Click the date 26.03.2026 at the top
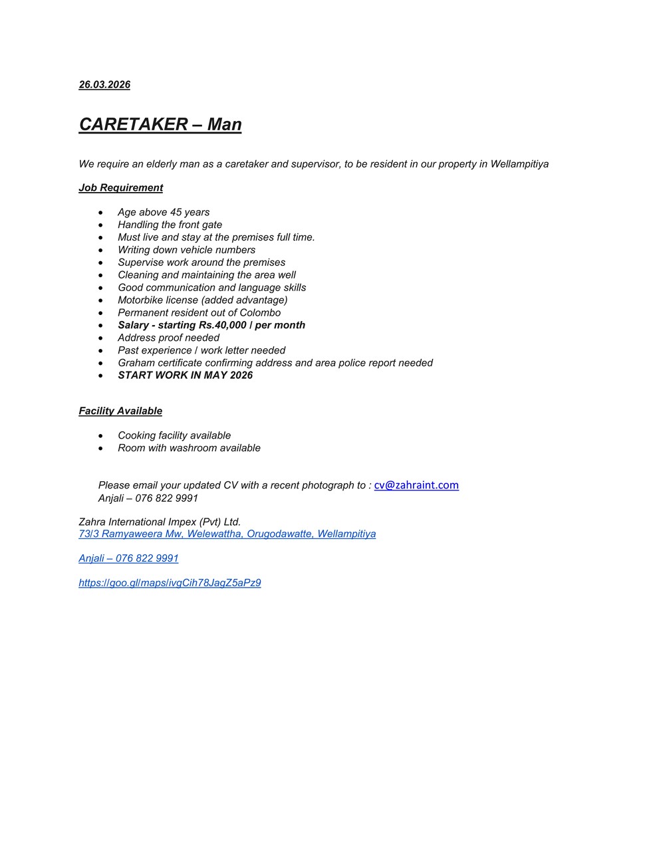point(104,84)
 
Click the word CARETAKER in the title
point(133,124)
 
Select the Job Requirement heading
point(120,188)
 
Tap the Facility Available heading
point(120,411)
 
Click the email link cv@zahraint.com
point(416,485)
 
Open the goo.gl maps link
point(170,583)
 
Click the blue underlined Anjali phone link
point(128,558)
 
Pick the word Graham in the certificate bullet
point(136,363)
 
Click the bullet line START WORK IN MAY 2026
point(185,376)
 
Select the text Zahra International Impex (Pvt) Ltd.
point(160,522)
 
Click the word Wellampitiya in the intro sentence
point(519,164)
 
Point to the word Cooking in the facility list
point(137,436)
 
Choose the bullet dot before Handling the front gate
point(100,225)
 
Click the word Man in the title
point(224,124)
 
